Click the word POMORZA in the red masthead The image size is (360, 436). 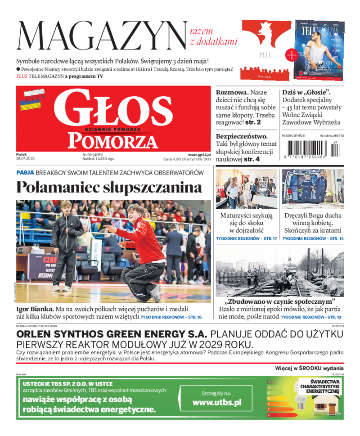[113, 141]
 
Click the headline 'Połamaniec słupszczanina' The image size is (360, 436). [109, 187]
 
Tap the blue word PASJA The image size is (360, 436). [25, 172]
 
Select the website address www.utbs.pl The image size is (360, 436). [217, 402]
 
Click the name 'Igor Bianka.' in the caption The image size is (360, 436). [35, 309]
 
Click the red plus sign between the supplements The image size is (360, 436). [292, 55]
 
